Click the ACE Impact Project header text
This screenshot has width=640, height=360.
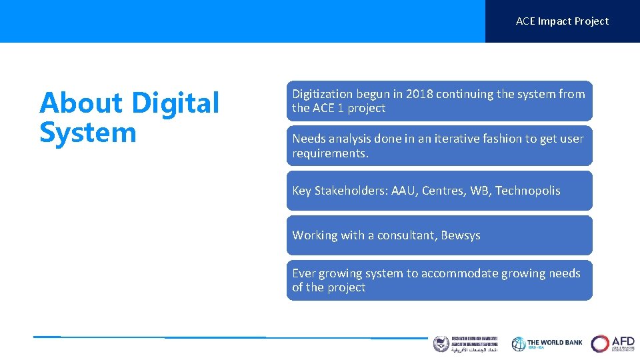[x=562, y=21]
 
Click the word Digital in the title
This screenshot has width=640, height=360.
[x=175, y=103]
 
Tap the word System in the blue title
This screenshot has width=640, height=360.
[x=88, y=132]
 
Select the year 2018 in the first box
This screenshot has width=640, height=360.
[x=418, y=94]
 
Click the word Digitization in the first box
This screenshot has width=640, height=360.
[x=325, y=94]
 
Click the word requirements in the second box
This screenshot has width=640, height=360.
[x=329, y=153]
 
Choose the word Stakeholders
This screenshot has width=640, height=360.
[x=351, y=191]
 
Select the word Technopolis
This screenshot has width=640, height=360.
[x=527, y=191]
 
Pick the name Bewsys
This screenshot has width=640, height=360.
[x=461, y=235]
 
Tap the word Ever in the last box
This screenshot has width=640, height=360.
[x=304, y=273]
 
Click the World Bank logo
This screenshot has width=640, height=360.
[x=547, y=343]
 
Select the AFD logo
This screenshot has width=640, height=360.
[x=613, y=343]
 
